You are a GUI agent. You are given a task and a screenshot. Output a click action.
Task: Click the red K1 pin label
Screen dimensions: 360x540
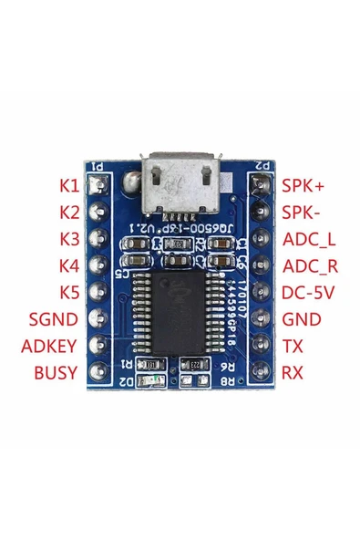click(x=69, y=186)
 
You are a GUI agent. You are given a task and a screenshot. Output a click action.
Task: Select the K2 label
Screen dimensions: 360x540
click(x=69, y=213)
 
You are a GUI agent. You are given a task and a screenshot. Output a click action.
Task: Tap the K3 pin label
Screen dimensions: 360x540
click(x=69, y=240)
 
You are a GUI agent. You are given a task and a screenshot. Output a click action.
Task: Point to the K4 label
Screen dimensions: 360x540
click(x=69, y=266)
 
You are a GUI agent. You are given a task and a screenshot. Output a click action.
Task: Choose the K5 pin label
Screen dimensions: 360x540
click(x=69, y=294)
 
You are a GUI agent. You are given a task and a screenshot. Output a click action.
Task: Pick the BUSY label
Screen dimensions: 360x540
click(x=57, y=373)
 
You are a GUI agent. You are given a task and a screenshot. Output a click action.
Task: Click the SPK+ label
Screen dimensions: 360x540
click(x=301, y=186)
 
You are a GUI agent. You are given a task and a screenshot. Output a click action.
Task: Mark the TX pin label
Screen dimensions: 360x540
click(x=292, y=347)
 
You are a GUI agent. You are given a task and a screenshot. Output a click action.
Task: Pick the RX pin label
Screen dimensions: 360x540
click(x=293, y=373)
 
